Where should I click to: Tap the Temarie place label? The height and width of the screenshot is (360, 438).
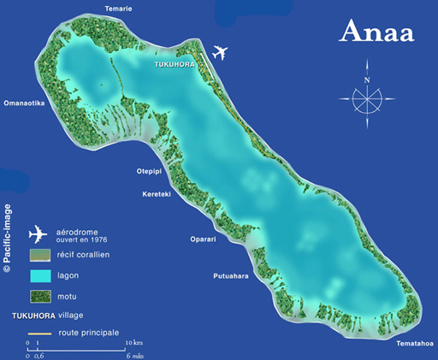click(x=118, y=9)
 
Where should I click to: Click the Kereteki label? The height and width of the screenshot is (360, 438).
click(x=156, y=194)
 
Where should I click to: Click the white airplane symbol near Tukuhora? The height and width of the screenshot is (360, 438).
click(x=220, y=53)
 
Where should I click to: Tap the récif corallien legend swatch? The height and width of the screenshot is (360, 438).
click(x=39, y=255)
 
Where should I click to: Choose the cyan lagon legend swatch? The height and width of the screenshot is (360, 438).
click(x=39, y=276)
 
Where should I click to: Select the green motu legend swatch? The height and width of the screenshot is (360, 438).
click(x=39, y=297)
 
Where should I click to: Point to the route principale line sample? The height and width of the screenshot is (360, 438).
click(x=39, y=333)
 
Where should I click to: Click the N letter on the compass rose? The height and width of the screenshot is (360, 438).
click(x=366, y=80)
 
